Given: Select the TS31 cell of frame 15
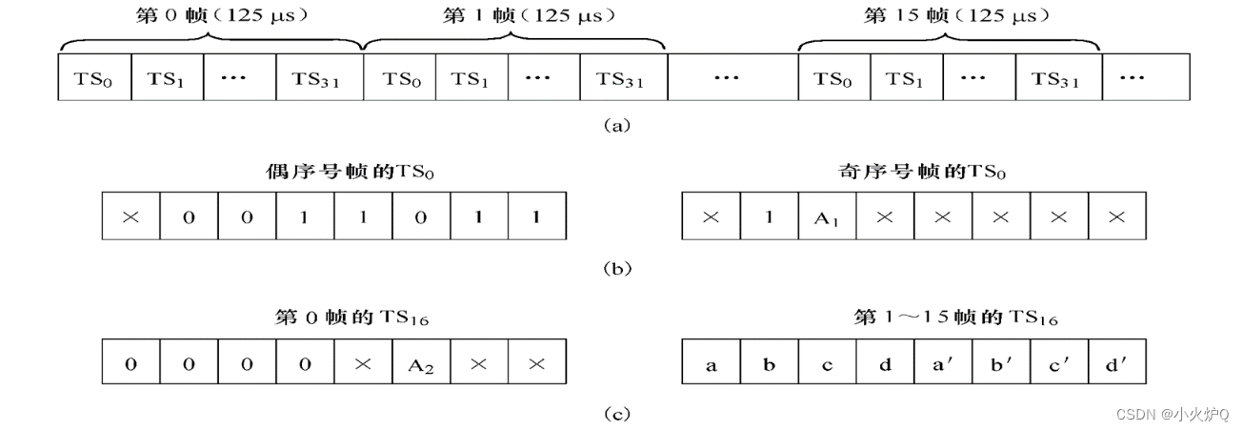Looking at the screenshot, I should click(x=1057, y=79).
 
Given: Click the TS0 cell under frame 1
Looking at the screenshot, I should click(x=399, y=79).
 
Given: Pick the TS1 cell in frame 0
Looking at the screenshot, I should click(x=167, y=79).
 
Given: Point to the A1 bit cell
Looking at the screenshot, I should click(x=827, y=217).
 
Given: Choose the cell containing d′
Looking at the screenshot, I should click(x=1116, y=364).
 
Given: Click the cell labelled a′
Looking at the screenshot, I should click(x=942, y=364).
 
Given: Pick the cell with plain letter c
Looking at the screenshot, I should click(x=827, y=364).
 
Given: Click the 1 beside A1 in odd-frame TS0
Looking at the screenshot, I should click(x=769, y=217).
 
